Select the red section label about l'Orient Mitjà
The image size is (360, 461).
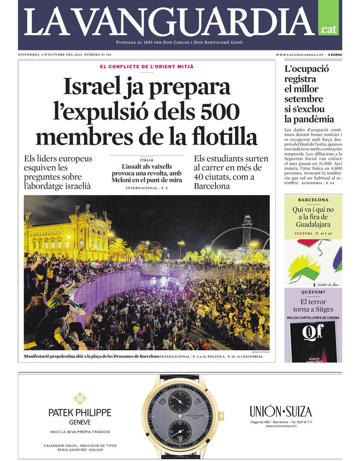pyautogui.click(x=147, y=67)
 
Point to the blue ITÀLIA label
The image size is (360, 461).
pyautogui.click(x=147, y=160)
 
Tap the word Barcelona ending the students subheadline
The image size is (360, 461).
pyautogui.click(x=212, y=186)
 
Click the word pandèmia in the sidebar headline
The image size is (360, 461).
pyautogui.click(x=309, y=119)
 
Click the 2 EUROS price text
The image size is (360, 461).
pyautogui.click(x=335, y=55)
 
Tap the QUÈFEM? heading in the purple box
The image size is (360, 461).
pyautogui.click(x=313, y=292)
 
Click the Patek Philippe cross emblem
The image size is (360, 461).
pyautogui.click(x=80, y=398)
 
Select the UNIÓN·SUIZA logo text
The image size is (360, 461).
pyautogui.click(x=281, y=412)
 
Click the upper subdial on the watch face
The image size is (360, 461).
pyautogui.click(x=180, y=399)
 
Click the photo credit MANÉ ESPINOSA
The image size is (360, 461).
pyautogui.click(x=260, y=352)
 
